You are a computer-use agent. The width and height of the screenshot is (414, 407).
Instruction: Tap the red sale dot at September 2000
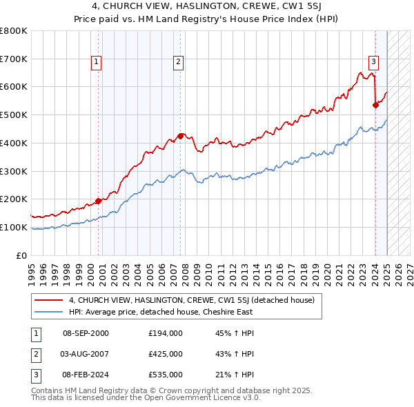(98, 201)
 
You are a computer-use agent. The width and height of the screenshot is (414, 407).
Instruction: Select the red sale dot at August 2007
(180, 136)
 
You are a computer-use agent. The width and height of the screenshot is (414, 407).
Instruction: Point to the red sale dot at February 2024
(375, 105)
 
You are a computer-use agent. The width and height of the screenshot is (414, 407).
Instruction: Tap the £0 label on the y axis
(21, 255)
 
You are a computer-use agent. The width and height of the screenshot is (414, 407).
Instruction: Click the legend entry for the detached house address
(192, 300)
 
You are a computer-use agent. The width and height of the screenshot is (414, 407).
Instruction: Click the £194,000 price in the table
(166, 333)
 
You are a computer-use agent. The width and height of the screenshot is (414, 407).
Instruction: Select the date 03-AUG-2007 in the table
(86, 354)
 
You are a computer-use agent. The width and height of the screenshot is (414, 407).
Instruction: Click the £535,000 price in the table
(166, 375)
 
